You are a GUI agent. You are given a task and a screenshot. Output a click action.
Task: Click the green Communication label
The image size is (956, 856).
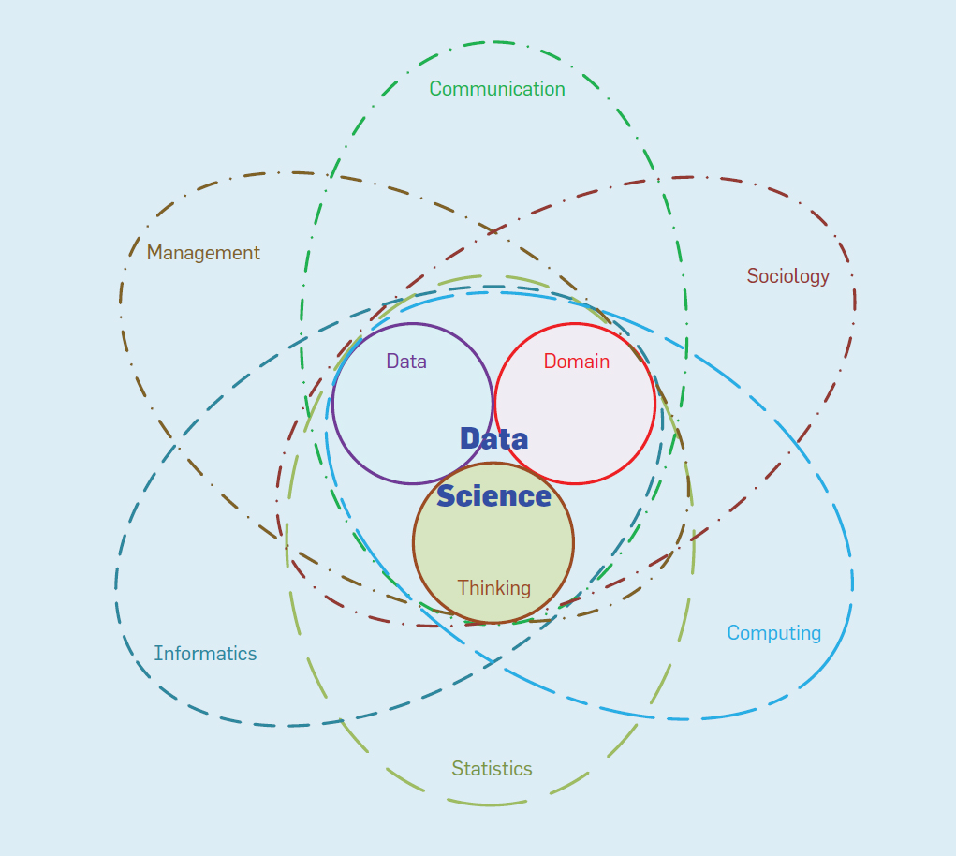[497, 89]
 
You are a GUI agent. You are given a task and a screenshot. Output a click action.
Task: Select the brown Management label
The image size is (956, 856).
[203, 253]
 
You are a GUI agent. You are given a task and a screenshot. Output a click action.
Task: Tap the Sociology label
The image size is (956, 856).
[787, 276]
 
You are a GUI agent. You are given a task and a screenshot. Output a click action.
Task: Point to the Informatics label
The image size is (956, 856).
[205, 654]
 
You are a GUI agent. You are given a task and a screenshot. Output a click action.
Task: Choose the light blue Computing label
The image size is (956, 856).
[773, 633]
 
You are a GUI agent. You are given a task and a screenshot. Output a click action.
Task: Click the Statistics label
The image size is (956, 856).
[492, 769]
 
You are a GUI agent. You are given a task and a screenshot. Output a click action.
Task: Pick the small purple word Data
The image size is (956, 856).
[406, 362]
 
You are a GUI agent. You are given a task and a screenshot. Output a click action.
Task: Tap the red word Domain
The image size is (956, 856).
[576, 362]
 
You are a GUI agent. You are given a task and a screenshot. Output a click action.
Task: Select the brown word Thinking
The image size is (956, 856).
[493, 588]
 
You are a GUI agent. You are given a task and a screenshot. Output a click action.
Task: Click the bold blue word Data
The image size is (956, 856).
[493, 438]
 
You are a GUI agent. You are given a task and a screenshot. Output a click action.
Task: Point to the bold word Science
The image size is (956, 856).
[493, 496]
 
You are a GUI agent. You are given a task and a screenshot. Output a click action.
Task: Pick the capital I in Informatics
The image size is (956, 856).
[156, 654]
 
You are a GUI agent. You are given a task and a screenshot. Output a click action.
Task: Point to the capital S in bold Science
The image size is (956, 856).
[447, 496]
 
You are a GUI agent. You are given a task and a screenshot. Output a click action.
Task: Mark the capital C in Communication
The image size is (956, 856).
[435, 89]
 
